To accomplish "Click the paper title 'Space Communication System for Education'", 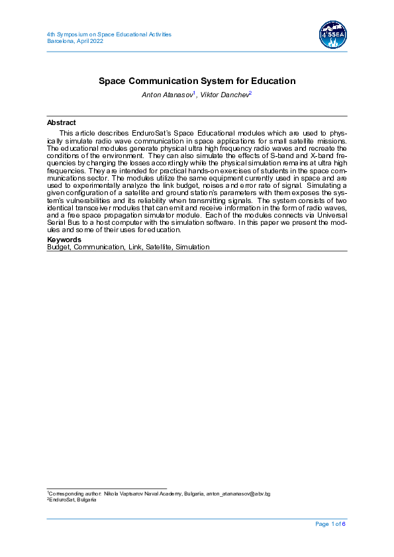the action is [x=197, y=81].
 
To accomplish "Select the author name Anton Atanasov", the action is [x=167, y=95].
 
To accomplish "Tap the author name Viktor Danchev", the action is [x=224, y=95].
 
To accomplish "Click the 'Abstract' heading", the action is [x=61, y=122].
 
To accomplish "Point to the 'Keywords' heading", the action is [x=64, y=239].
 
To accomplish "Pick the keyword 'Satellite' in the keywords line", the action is [x=156, y=247].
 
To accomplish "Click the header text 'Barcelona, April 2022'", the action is [x=75, y=40].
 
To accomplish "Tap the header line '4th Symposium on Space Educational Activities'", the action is [x=109, y=34].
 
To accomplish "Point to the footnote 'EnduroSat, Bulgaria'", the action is [x=73, y=500].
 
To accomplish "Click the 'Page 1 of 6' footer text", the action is [x=330, y=524].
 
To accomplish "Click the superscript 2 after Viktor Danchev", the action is [x=250, y=93].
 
